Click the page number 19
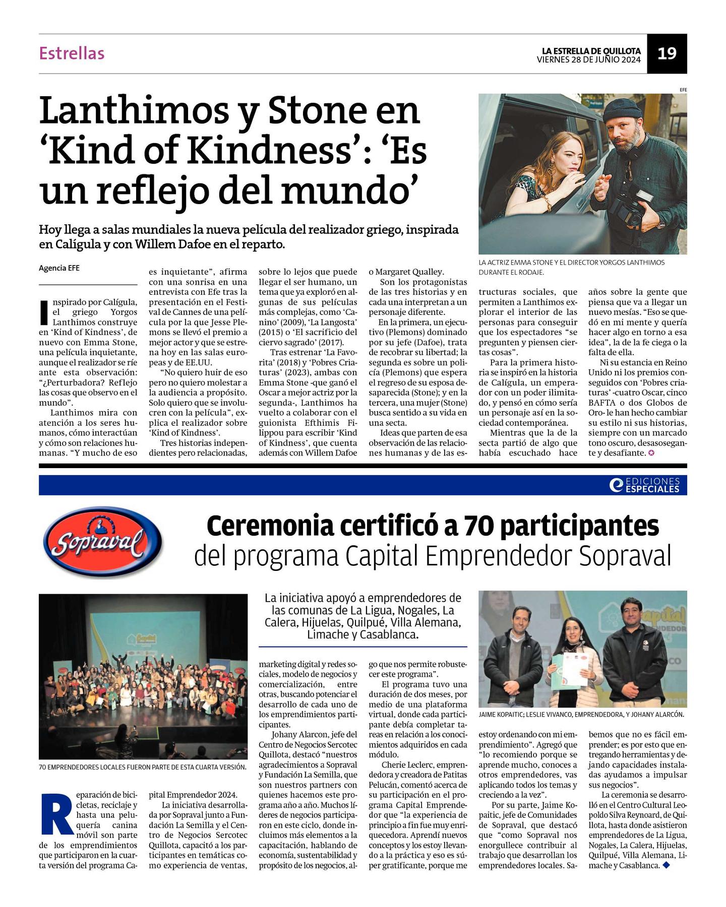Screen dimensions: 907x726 click(x=667, y=53)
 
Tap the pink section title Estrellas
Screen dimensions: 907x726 click(x=72, y=53)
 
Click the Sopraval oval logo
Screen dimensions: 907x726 click(x=103, y=542)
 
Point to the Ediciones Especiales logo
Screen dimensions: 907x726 click(x=644, y=485)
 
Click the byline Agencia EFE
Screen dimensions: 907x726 click(x=59, y=268)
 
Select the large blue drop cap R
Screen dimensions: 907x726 click(x=56, y=814)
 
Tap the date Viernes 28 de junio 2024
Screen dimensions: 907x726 click(x=588, y=59)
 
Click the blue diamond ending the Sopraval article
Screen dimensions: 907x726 click(x=667, y=865)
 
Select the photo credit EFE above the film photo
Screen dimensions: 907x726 click(x=683, y=90)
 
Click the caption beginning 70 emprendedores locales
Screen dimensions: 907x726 click(x=142, y=767)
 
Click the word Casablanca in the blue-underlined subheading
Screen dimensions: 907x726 click(x=388, y=634)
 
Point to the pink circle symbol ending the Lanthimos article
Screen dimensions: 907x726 click(x=651, y=453)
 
